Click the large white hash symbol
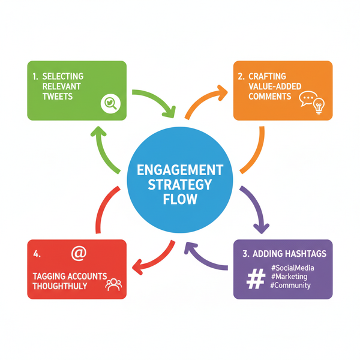tap(256, 278)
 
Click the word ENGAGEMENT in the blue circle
tap(180, 169)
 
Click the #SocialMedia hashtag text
tap(293, 267)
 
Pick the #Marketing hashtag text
tap(289, 276)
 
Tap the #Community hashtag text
tap(290, 286)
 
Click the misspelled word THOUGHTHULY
tap(60, 286)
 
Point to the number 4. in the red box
tap(37, 254)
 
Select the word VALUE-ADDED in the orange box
tap(265, 86)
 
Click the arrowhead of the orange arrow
tap(222, 92)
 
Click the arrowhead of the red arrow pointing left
tap(137, 265)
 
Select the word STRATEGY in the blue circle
tap(180, 184)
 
